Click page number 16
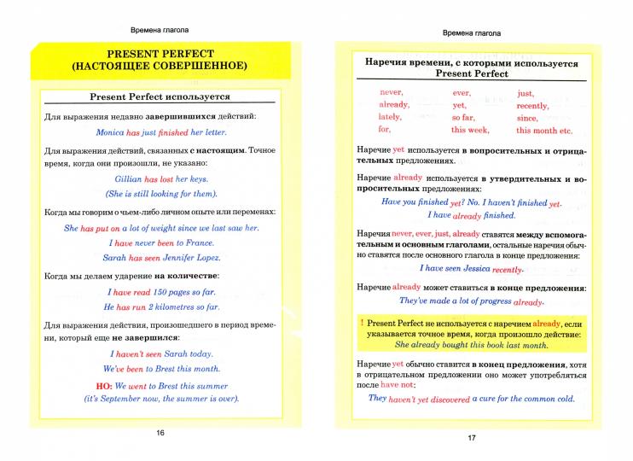click(160, 434)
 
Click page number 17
click(471, 438)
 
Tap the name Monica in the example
click(108, 134)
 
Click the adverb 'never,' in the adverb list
click(391, 92)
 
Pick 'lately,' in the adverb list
click(390, 117)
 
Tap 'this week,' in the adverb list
click(470, 130)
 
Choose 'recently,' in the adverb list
click(532, 105)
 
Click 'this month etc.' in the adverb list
click(543, 131)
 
